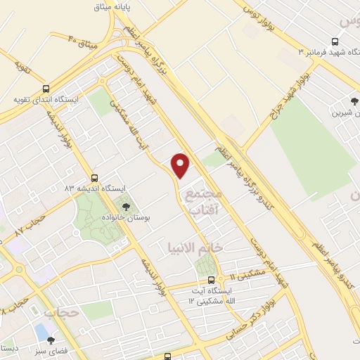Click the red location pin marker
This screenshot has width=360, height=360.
pyautogui.click(x=181, y=164)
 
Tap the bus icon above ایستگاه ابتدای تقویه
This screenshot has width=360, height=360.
pyautogui.click(x=46, y=89)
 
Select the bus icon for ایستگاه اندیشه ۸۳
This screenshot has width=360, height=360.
pyautogui.click(x=94, y=178)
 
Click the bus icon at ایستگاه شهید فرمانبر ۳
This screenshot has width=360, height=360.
pyautogui.click(x=334, y=42)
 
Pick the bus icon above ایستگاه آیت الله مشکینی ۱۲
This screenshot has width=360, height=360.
pyautogui.click(x=211, y=279)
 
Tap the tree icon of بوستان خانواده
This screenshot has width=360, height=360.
pyautogui.click(x=126, y=207)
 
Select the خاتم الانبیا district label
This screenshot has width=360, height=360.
pyautogui.click(x=195, y=247)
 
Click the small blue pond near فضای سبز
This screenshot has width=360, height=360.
pyautogui.click(x=41, y=330)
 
